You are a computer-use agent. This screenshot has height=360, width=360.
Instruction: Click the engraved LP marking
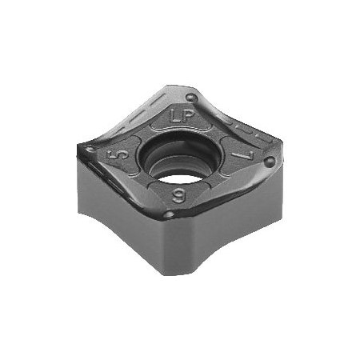[180, 115]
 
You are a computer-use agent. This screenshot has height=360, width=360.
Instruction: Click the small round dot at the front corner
[169, 214]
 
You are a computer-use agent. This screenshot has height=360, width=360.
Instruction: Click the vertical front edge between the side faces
[166, 244]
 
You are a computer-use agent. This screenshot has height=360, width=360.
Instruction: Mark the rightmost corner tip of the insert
[282, 164]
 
